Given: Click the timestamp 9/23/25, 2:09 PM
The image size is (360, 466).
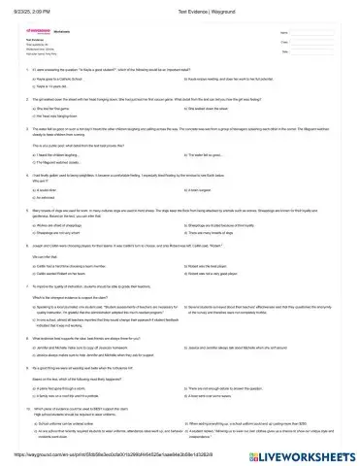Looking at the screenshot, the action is pos(27,8).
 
